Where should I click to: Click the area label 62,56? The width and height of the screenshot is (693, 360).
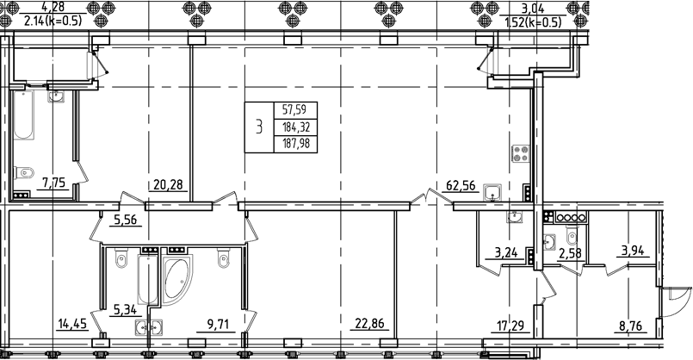(x=461, y=183)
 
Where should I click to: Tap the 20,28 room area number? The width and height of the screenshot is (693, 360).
(x=168, y=183)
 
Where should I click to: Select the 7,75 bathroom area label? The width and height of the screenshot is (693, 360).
(x=54, y=183)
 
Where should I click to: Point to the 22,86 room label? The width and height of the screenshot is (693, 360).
(x=369, y=324)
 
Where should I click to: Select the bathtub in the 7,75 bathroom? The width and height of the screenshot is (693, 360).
(x=24, y=127)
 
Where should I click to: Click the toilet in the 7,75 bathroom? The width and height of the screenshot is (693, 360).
(x=26, y=170)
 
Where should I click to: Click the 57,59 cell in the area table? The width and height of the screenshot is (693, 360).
(x=294, y=110)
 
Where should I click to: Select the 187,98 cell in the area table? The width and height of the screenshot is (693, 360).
(x=294, y=145)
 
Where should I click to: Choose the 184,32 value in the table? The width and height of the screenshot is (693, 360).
(x=294, y=127)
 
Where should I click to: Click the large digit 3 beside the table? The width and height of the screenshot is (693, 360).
(x=258, y=127)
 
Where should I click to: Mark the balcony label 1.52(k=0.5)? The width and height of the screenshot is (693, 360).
(x=532, y=22)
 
